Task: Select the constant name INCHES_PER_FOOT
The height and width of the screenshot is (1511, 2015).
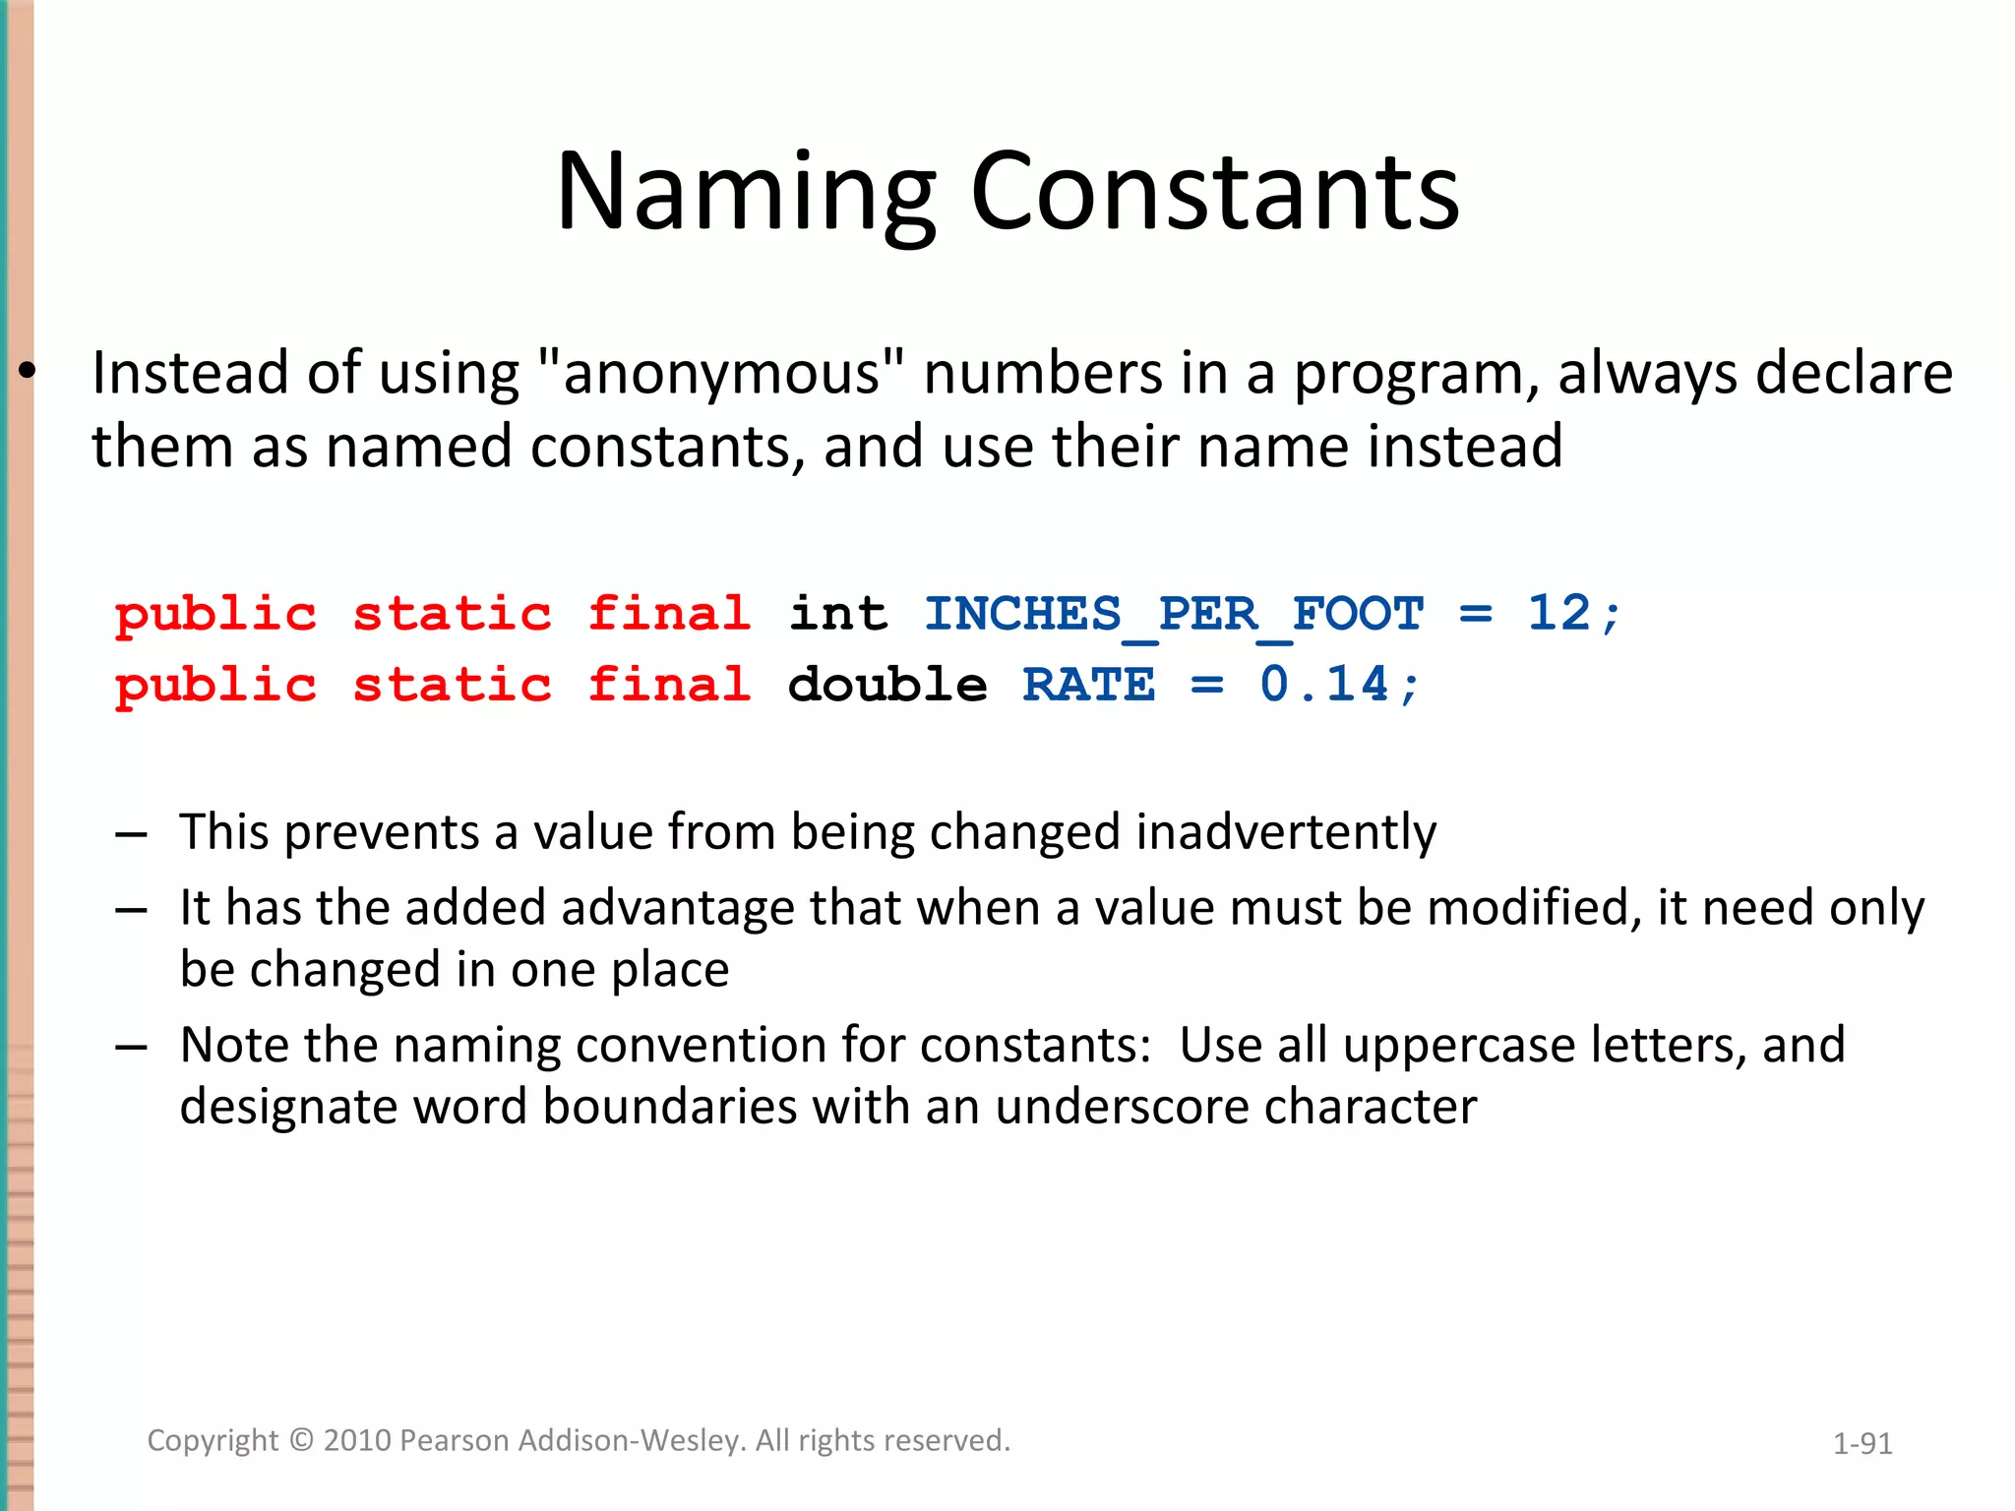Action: click(x=1174, y=615)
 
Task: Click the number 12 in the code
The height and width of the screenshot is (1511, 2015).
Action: click(x=1558, y=613)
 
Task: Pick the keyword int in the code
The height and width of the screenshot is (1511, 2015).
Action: click(x=838, y=615)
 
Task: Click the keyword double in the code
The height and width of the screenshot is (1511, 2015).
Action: click(x=887, y=685)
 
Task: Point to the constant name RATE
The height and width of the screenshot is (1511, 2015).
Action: click(x=1088, y=685)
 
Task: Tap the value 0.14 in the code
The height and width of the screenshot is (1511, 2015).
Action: click(x=1324, y=685)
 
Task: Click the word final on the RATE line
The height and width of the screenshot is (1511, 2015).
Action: click(x=670, y=685)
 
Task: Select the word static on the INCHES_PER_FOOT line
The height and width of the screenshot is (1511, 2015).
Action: click(x=453, y=615)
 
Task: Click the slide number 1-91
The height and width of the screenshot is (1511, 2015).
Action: click(x=1862, y=1443)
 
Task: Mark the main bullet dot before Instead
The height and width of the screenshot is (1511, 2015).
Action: click(x=27, y=372)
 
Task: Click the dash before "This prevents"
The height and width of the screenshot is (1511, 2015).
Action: click(x=131, y=834)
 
